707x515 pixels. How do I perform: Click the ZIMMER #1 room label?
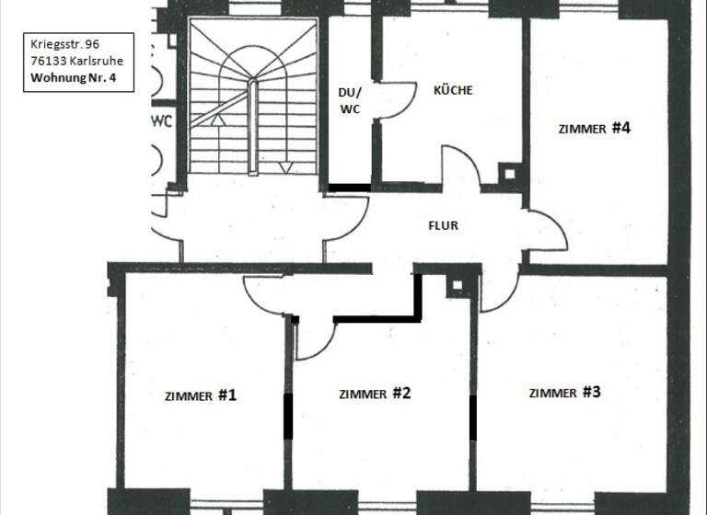pyautogui.click(x=201, y=396)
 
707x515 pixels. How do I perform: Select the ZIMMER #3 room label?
pyautogui.click(x=564, y=393)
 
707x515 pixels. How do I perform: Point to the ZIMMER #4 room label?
pyautogui.click(x=594, y=129)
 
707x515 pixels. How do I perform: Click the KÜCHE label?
pyautogui.click(x=453, y=90)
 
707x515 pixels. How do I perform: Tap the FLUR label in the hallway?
pyautogui.click(x=443, y=224)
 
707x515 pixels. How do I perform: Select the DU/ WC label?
pyautogui.click(x=351, y=101)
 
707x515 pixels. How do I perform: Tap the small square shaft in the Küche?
pyautogui.click(x=507, y=173)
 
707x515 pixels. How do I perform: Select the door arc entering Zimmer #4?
pyautogui.click(x=545, y=230)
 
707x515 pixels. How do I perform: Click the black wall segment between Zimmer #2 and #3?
pyautogui.click(x=473, y=418)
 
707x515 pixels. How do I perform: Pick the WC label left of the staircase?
pyautogui.click(x=162, y=120)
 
